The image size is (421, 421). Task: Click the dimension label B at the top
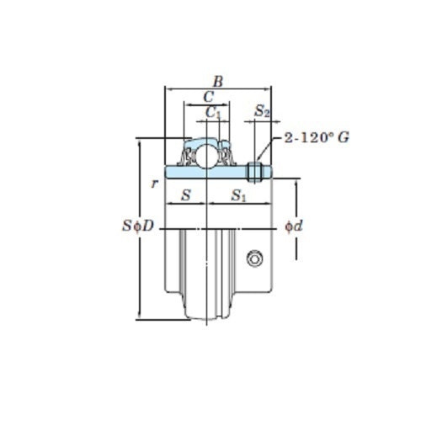coord(218,82)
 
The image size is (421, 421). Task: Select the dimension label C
coord(208,97)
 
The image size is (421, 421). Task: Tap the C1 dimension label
coord(213,112)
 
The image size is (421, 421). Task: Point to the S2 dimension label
coord(262,111)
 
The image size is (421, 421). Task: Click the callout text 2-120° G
coord(317,136)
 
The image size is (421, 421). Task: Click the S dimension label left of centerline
coord(186,196)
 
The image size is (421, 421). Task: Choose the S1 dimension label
coord(239,197)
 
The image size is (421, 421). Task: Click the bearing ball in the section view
coord(207,154)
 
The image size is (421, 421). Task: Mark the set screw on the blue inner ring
coord(257,173)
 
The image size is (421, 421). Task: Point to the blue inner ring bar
coord(210,173)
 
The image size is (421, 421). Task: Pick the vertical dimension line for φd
coord(296,202)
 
